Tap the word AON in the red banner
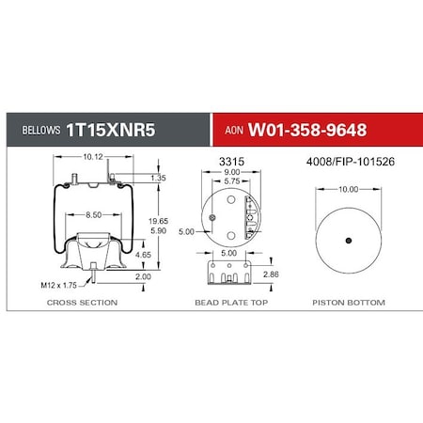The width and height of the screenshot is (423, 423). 238,131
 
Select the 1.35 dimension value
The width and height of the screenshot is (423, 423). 159,177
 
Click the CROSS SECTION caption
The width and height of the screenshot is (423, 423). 83,303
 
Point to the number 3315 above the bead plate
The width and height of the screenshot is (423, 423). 231,163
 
